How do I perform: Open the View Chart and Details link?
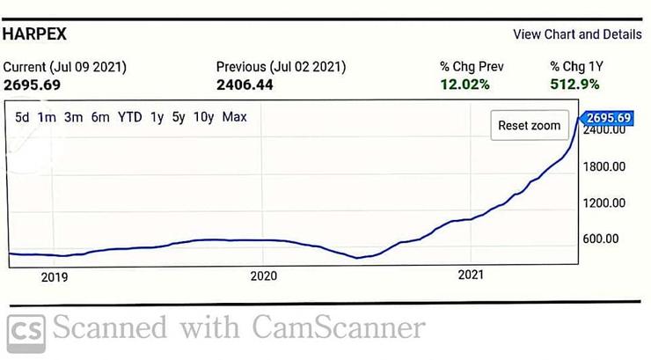(577, 34)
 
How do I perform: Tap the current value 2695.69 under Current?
(33, 84)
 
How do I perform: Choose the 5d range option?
(23, 117)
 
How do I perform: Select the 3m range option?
(73, 117)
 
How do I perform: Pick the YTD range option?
(129, 117)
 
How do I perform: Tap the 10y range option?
(203, 117)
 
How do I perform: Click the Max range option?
(235, 117)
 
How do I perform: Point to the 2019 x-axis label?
(55, 276)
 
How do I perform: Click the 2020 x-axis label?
(264, 276)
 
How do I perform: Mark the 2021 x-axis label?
(472, 276)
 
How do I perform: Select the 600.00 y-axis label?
(605, 239)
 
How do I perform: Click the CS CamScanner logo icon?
(26, 328)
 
